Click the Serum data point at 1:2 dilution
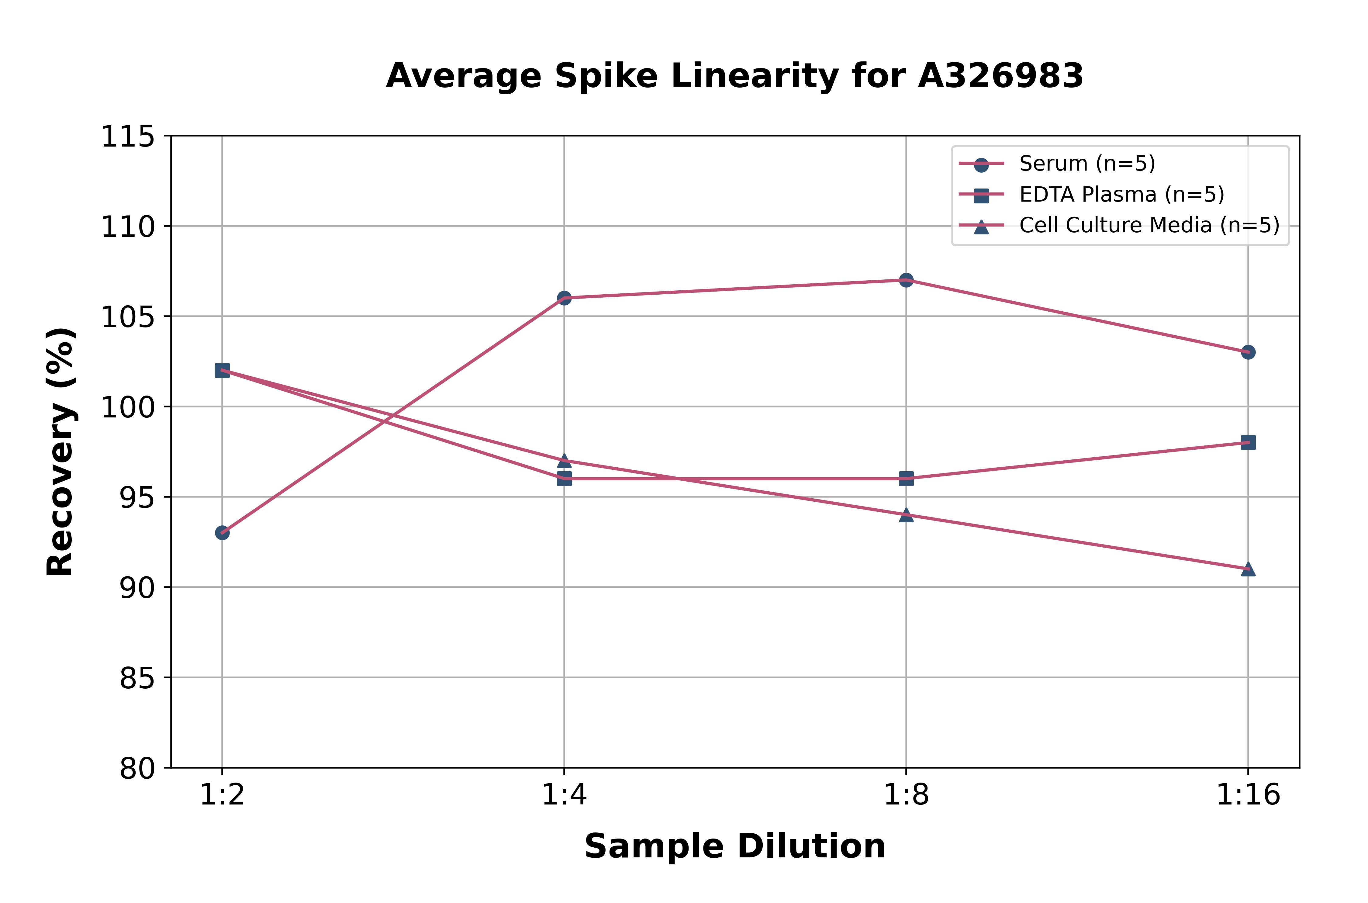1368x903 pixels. [222, 533]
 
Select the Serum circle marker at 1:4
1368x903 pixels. [564, 298]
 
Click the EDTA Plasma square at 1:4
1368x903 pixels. [564, 479]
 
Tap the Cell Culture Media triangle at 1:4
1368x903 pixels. [564, 460]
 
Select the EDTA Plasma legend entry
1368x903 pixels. [1121, 195]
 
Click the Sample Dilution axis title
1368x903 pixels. [735, 846]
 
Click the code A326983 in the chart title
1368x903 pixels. [1001, 76]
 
